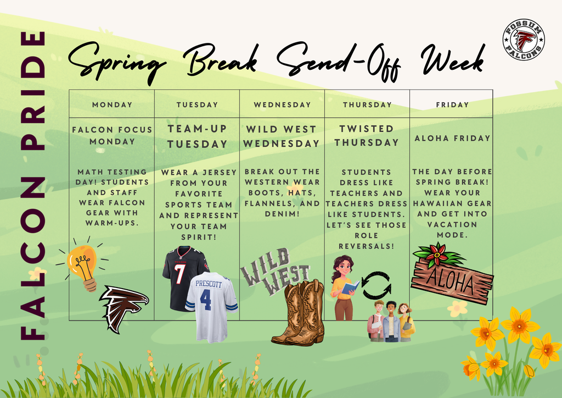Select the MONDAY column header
pos(112,104)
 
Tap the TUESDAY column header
pos(197,104)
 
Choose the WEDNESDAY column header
pos(282,104)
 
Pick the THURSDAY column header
pos(367,104)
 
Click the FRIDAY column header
pos(452,104)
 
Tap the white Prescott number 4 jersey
pos(212,305)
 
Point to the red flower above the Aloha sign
pos(438,253)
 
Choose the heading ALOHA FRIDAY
pos(452,139)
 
